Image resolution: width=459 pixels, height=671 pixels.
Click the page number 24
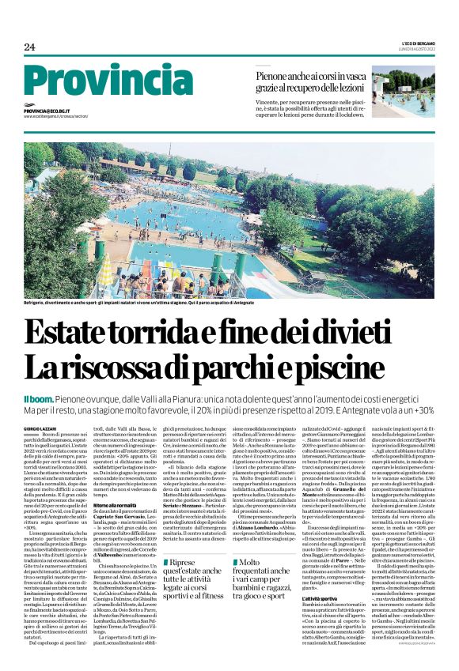pos(30,47)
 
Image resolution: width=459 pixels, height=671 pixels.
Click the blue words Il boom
pos(38,399)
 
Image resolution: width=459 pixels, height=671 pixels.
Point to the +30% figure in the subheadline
pos(420,411)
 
